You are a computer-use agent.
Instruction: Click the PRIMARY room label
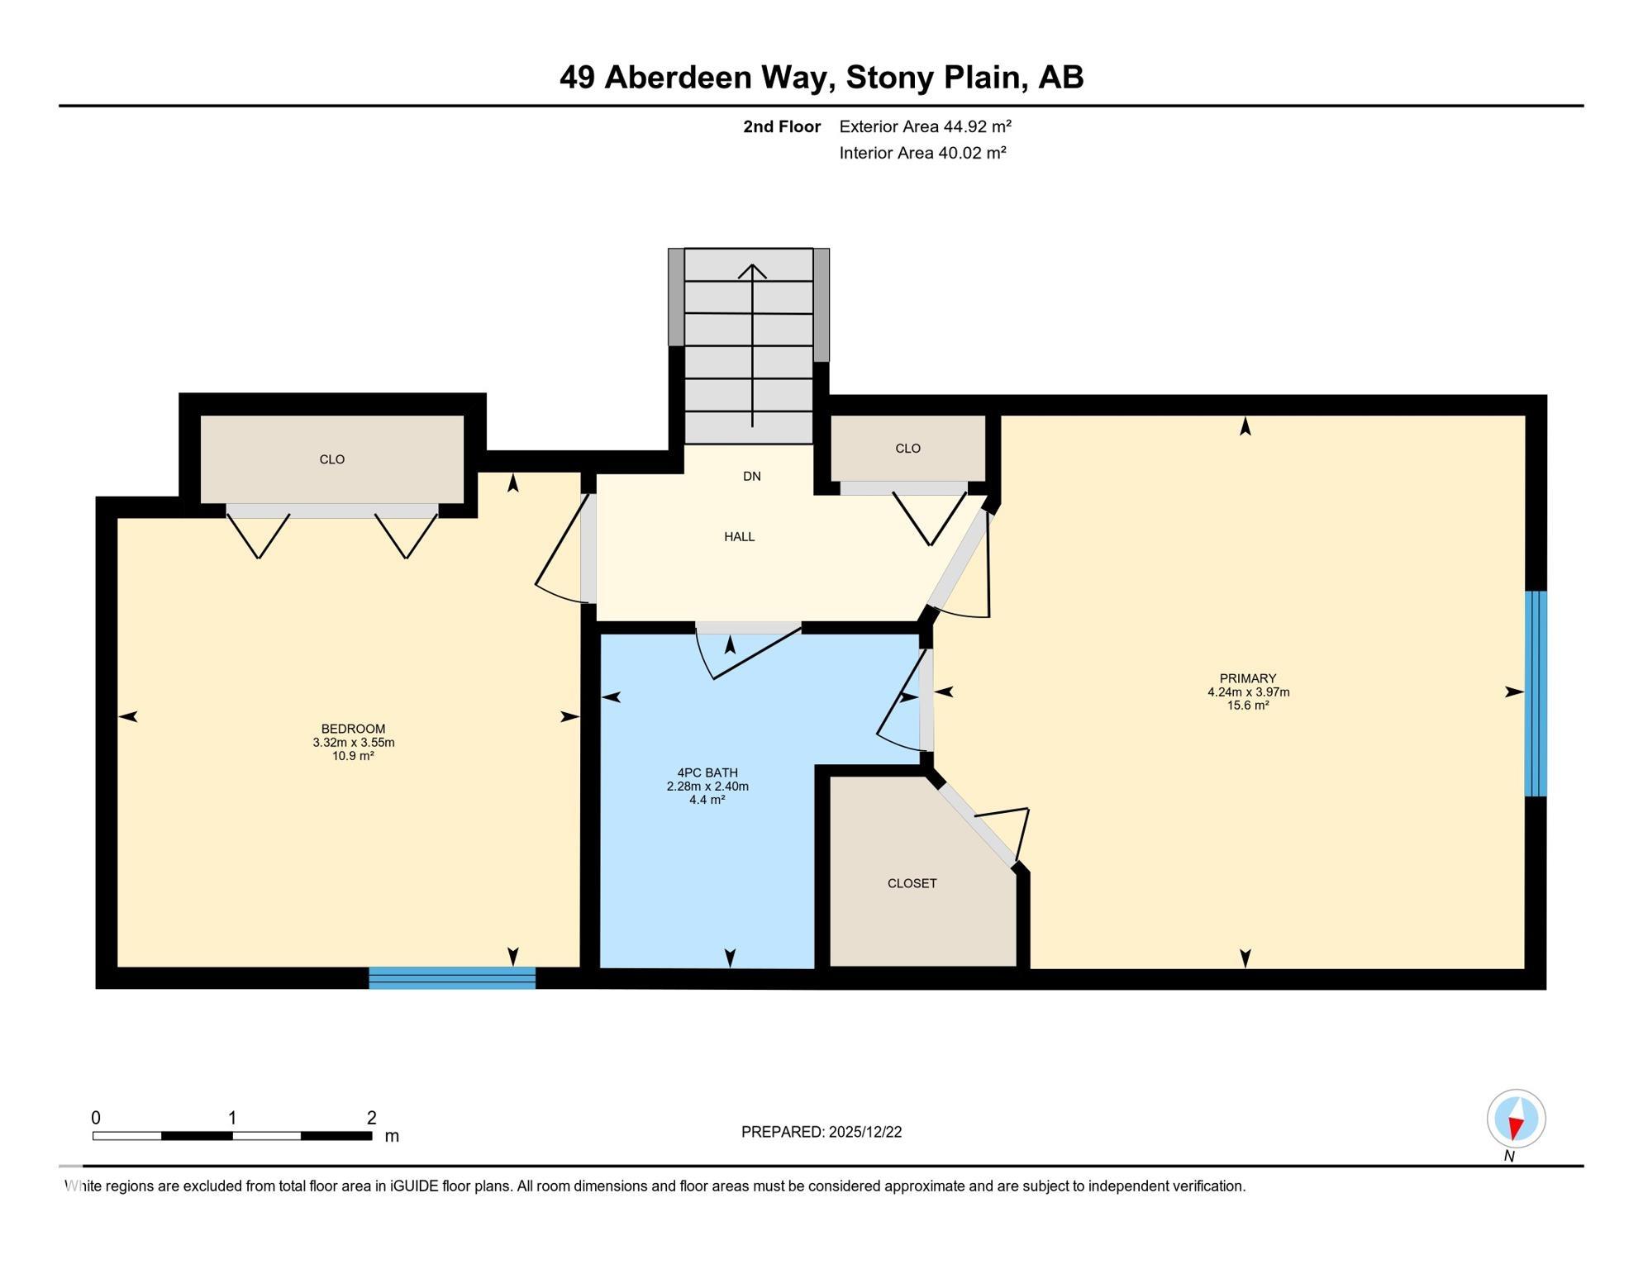click(x=1248, y=678)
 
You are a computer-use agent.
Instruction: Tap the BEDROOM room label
click(x=353, y=729)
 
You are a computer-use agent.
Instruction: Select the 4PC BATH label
click(x=707, y=773)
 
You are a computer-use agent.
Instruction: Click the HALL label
click(x=739, y=537)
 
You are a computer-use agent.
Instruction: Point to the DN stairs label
click(x=751, y=477)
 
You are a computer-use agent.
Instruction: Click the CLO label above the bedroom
click(x=331, y=459)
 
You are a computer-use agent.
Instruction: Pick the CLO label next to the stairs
click(x=907, y=449)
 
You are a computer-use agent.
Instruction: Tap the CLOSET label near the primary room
click(x=912, y=883)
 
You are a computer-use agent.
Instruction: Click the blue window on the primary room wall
click(x=1535, y=693)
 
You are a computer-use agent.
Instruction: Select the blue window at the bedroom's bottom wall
click(x=452, y=978)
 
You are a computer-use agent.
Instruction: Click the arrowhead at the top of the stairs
click(x=752, y=270)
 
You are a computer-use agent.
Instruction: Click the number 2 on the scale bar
click(x=372, y=1118)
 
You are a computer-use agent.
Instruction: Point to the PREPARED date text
click(x=821, y=1132)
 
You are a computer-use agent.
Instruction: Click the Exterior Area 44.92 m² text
click(x=925, y=126)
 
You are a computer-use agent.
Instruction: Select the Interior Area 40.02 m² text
click(x=922, y=153)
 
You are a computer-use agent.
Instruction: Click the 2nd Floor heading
click(x=781, y=126)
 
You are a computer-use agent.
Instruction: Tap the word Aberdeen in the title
click(x=716, y=77)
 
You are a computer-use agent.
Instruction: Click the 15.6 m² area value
click(x=1248, y=706)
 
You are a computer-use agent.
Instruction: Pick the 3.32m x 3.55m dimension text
click(x=353, y=742)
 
